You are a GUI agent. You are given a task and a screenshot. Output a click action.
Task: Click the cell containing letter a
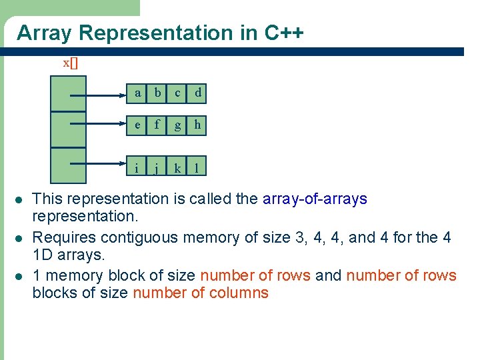(x=137, y=93)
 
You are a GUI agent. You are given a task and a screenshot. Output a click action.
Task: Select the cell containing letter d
(x=197, y=93)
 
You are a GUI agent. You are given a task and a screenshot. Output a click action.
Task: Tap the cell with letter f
(x=157, y=124)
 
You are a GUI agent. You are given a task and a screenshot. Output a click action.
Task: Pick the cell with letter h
(x=197, y=124)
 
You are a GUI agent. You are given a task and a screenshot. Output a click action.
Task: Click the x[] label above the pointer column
(x=70, y=63)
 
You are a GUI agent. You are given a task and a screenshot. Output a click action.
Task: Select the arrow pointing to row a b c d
(x=100, y=95)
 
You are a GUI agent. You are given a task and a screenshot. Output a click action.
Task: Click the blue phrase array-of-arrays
(x=315, y=199)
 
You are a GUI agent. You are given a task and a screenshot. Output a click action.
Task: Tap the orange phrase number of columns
(x=201, y=293)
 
